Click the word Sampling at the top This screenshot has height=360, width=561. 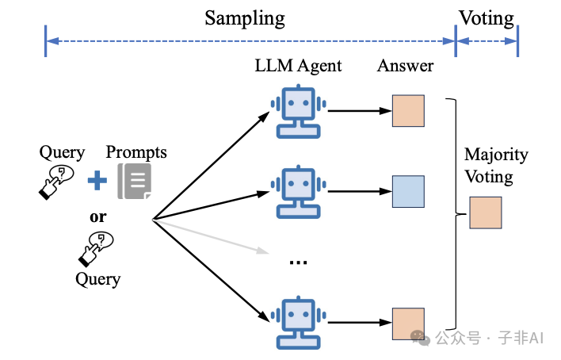pyautogui.click(x=245, y=18)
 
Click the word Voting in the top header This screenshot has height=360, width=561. pyautogui.click(x=487, y=18)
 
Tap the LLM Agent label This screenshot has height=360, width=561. pyautogui.click(x=298, y=66)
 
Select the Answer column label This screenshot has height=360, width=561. pyautogui.click(x=405, y=66)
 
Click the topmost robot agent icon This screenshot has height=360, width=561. pyautogui.click(x=298, y=112)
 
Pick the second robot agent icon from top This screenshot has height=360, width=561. pyautogui.click(x=298, y=191)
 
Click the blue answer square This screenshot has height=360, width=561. pyautogui.click(x=409, y=192)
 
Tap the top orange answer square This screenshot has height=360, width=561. pyautogui.click(x=409, y=111)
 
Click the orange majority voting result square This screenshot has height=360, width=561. pyautogui.click(x=486, y=213)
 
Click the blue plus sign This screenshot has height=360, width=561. pyautogui.click(x=97, y=181)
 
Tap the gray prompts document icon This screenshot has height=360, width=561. pyautogui.click(x=134, y=181)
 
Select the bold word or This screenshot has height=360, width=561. pyautogui.click(x=98, y=216)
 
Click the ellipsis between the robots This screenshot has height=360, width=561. pyautogui.click(x=298, y=260)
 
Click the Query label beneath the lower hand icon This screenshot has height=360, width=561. pyautogui.click(x=98, y=279)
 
